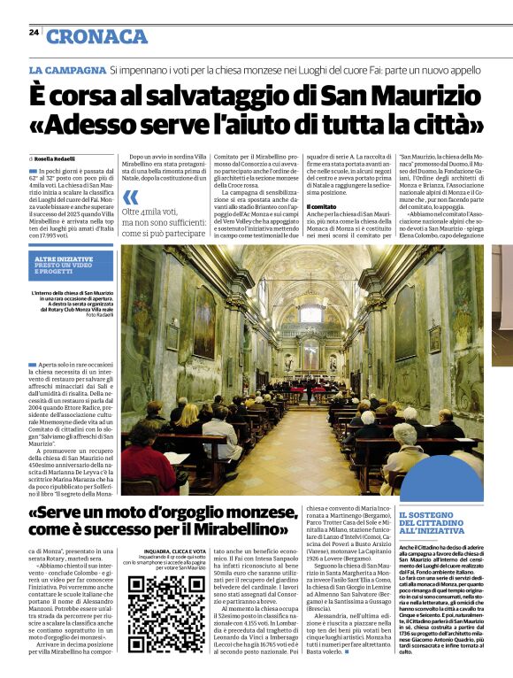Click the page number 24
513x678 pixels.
coord(34,32)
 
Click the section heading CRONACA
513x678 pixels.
coord(97,36)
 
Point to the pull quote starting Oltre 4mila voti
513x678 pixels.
coord(168,221)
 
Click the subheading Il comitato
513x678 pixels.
coord(320,205)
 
